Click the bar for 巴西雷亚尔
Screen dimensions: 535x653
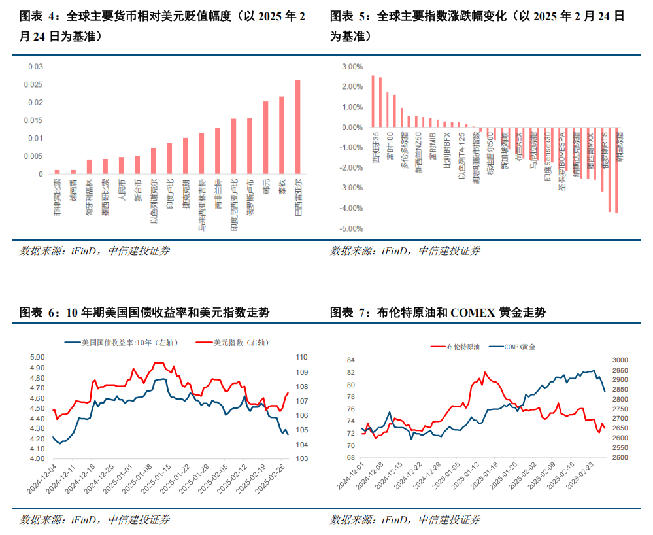(298, 127)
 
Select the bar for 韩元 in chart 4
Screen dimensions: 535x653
(265, 138)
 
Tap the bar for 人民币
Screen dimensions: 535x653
(121, 165)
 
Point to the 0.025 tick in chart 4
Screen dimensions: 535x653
(34, 84)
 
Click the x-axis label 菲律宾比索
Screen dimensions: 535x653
(57, 196)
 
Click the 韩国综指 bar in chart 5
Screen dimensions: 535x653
(616, 170)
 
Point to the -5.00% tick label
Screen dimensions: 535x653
(352, 229)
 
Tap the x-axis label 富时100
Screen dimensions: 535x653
(389, 144)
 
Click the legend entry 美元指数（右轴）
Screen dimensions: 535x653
(241, 342)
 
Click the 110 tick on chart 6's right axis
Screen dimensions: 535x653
(301, 357)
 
